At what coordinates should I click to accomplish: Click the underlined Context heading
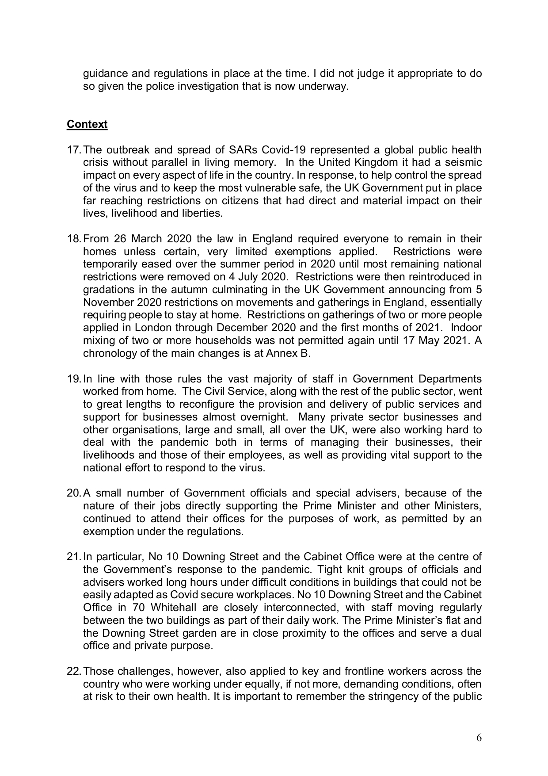tap(87, 124)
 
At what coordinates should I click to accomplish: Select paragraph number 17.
tap(73, 150)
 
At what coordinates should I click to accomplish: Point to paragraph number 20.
tap(73, 493)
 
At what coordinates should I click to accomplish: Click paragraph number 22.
tap(73, 671)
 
